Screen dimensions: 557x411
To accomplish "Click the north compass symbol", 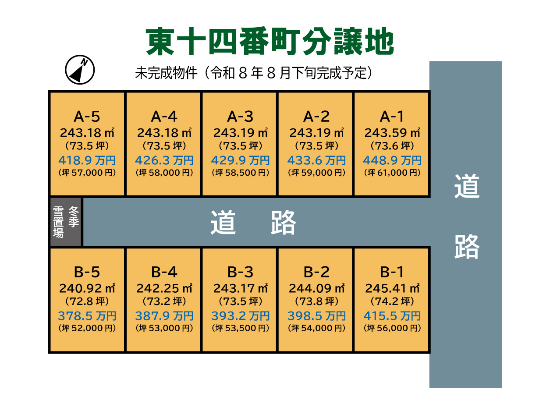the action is [80, 70].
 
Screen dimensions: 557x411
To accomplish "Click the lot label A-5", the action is [87, 117].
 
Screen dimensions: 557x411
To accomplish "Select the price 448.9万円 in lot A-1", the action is [392, 160].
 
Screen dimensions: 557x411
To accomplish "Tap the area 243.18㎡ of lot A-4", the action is [164, 133].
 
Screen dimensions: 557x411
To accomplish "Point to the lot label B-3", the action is [240, 272].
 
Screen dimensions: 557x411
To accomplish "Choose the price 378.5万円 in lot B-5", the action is [87, 316].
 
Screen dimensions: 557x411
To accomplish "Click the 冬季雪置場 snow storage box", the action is [66, 222].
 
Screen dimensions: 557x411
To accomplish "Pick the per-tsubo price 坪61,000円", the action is [392, 173].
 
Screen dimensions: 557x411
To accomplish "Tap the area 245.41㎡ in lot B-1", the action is [392, 288].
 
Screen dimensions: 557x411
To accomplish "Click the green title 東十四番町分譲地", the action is [270, 42].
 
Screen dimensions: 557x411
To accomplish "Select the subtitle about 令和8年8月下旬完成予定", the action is [253, 73].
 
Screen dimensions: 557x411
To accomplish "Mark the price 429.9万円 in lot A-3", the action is [240, 160].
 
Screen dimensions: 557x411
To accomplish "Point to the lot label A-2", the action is [316, 117].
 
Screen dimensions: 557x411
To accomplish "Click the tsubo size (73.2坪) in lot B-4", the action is [164, 301].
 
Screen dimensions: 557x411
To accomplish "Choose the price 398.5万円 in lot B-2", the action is [316, 316].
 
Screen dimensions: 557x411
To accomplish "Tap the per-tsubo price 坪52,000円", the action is [87, 328].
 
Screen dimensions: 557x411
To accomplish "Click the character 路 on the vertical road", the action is [467, 246].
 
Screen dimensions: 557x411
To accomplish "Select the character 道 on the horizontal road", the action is [223, 222].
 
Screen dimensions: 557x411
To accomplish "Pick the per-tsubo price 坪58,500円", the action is [240, 173].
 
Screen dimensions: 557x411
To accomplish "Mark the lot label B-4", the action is [164, 272].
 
